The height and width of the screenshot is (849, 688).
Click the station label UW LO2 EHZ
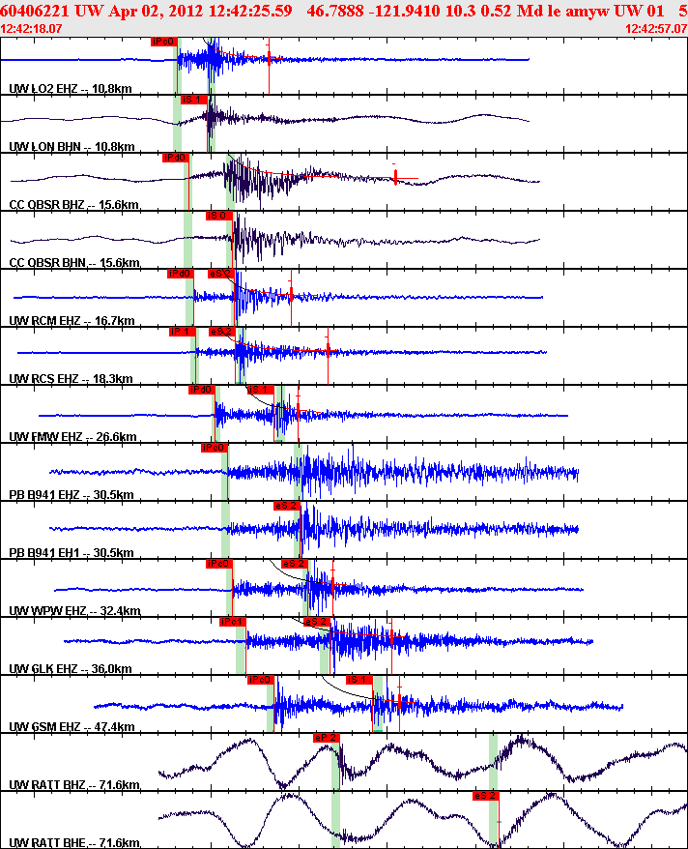click(x=70, y=88)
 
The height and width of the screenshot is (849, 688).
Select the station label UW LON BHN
click(x=70, y=146)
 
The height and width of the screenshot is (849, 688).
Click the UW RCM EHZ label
click(x=71, y=320)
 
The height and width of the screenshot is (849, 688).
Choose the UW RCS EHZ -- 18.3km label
click(x=71, y=378)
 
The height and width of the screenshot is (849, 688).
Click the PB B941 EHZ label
click(x=71, y=494)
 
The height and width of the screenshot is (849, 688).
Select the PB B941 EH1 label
click(x=71, y=552)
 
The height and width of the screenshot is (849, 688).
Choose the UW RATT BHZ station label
click(x=73, y=784)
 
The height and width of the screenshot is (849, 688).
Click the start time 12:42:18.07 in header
click(x=33, y=29)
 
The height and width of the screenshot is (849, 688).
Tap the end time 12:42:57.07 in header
click(x=655, y=29)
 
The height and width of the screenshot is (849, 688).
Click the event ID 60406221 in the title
click(x=37, y=11)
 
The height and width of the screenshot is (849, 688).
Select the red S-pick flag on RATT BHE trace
click(x=485, y=796)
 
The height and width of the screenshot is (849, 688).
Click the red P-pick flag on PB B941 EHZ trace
click(x=214, y=448)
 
